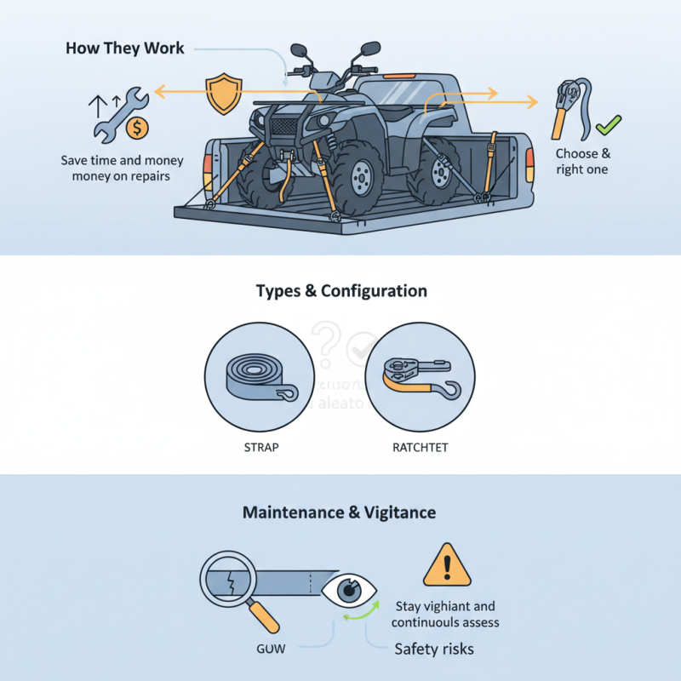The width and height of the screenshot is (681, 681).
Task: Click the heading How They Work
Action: point(124,47)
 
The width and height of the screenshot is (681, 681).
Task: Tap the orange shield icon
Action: point(220,93)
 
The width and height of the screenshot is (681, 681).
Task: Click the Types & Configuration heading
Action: point(341,291)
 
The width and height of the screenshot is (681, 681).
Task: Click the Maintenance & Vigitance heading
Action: point(340,512)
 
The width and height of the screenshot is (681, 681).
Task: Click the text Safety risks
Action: point(434,649)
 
